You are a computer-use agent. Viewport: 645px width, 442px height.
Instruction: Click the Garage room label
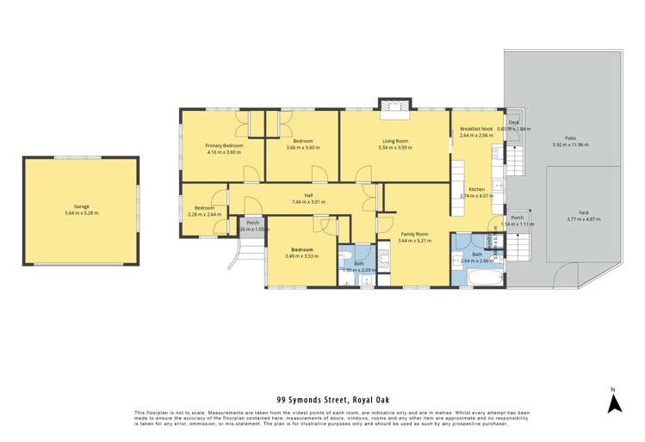pyautogui.click(x=82, y=206)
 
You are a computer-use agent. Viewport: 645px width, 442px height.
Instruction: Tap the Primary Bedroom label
pyautogui.click(x=223, y=145)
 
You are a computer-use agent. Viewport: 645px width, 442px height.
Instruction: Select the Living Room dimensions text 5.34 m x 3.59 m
pyautogui.click(x=395, y=148)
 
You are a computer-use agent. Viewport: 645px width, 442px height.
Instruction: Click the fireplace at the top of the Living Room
pyautogui.click(x=395, y=106)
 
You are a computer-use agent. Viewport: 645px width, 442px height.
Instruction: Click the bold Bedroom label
pyautogui.click(x=301, y=249)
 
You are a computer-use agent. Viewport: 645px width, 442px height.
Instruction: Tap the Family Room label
pyautogui.click(x=415, y=234)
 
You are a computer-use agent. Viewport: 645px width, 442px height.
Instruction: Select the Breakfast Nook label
pyautogui.click(x=475, y=128)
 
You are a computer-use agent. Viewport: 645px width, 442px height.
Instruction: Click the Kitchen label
pyautogui.click(x=476, y=189)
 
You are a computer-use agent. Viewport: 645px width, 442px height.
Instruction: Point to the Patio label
pyautogui.click(x=570, y=138)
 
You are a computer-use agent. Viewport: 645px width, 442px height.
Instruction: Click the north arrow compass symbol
pyautogui.click(x=611, y=400)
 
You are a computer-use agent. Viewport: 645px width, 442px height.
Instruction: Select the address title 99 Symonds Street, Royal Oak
pyautogui.click(x=322, y=400)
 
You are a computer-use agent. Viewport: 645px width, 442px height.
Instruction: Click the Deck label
pyautogui.click(x=513, y=123)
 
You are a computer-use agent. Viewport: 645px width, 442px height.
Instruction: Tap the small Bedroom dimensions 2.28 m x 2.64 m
pyautogui.click(x=205, y=214)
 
